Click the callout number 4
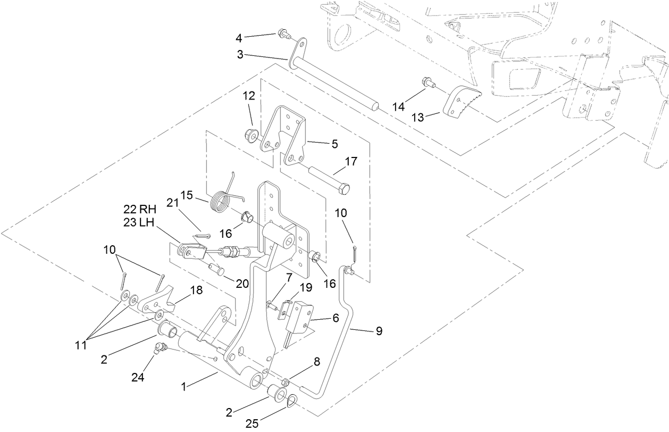pos(239,38)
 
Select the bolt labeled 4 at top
pos(282,36)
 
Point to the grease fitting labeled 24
pos(158,349)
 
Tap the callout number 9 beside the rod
pos(379,331)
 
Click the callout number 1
pos(184,387)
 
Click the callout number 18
pos(196,290)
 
